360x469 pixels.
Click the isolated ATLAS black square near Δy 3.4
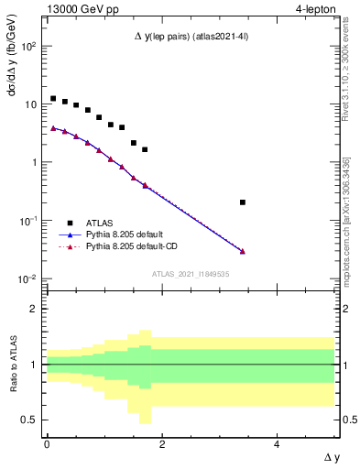pyautogui.click(x=242, y=202)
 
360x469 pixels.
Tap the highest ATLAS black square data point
pyautogui.click(x=53, y=98)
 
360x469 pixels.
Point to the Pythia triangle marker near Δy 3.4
pyautogui.click(x=242, y=251)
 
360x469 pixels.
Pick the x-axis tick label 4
pyautogui.click(x=277, y=443)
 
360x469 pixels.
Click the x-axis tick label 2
pyautogui.click(x=161, y=443)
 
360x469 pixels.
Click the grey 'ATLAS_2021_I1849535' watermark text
pyautogui.click(x=190, y=274)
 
